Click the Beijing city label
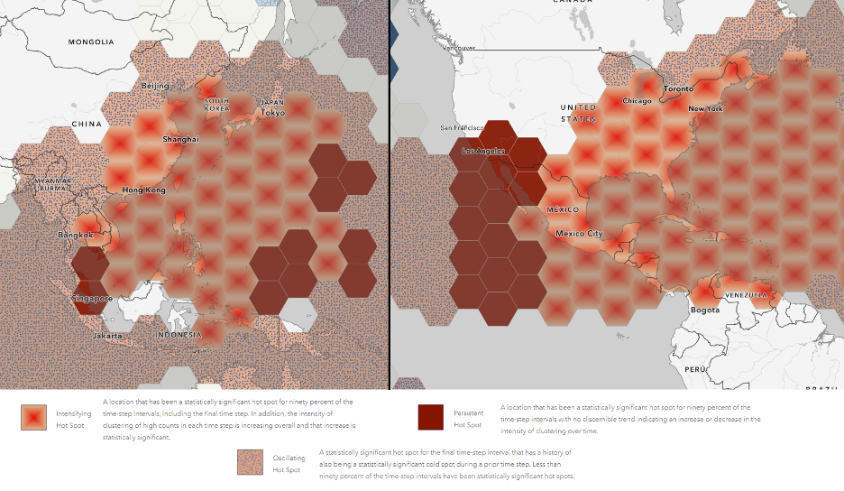point(155,86)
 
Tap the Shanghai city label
point(180,140)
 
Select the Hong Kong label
point(143,190)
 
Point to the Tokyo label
point(273,113)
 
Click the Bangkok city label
point(75,235)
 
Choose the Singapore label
point(92,299)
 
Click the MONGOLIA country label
point(91,42)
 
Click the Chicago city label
point(636,101)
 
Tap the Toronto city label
point(678,88)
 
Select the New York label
point(705,109)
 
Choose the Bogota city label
point(705,310)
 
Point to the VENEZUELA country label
point(745,295)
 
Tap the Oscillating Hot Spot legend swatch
point(250,462)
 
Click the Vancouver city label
point(459,48)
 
